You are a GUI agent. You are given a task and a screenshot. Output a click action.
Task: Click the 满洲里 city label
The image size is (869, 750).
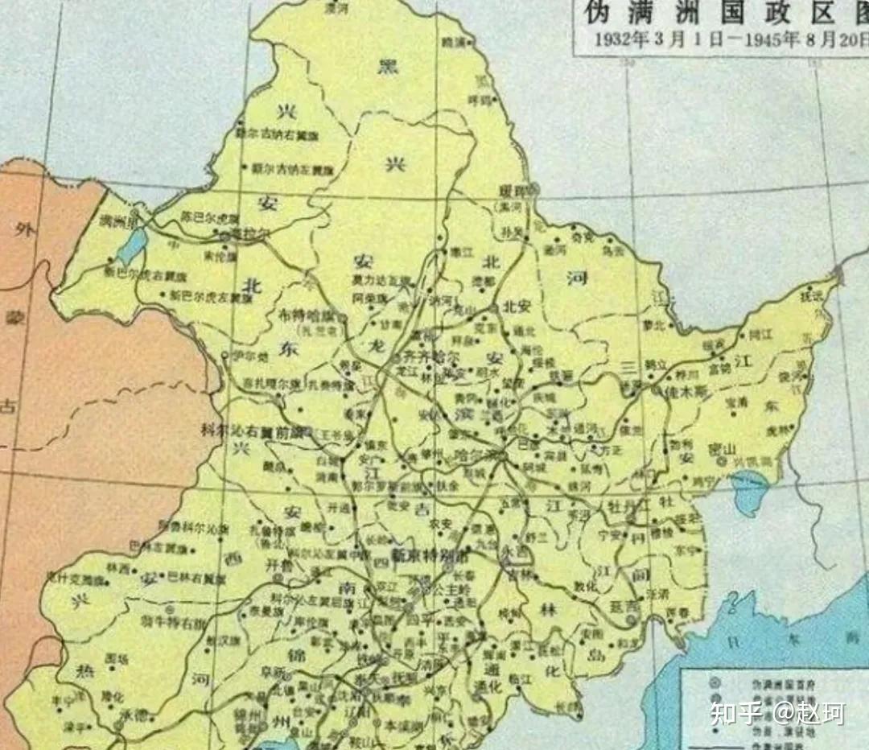pos(112,220)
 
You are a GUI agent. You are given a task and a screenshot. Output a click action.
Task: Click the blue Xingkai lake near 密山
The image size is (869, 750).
pos(750,488)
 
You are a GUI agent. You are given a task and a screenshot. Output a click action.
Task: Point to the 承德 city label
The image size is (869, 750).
pos(131,713)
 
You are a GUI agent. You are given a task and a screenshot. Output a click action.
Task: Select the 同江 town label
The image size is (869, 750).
pos(760,332)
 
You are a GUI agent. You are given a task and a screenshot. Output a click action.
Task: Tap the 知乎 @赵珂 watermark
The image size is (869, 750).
pos(776,712)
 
